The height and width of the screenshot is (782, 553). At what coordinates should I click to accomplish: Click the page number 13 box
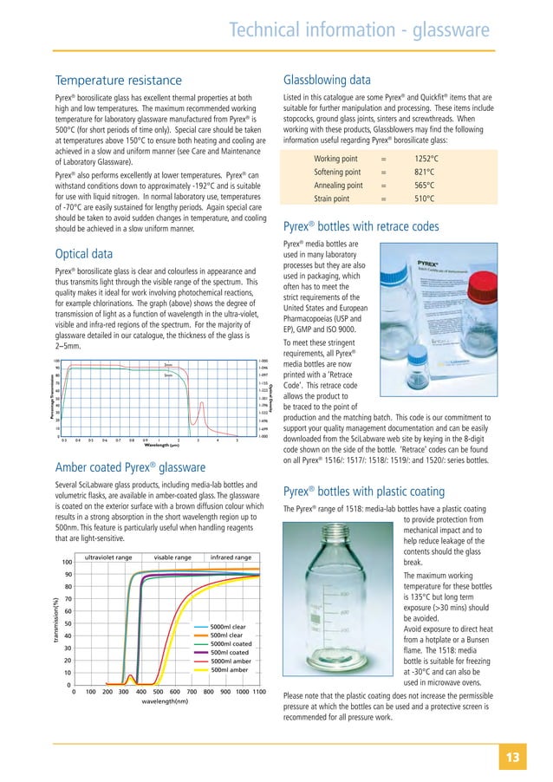pos(525,758)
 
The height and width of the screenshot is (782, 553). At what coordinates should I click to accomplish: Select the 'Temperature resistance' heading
pos(119,81)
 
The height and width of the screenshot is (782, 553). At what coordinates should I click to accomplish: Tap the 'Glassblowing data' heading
pos(337,75)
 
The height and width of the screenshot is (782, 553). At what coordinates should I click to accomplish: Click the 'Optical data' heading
pos(83,253)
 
